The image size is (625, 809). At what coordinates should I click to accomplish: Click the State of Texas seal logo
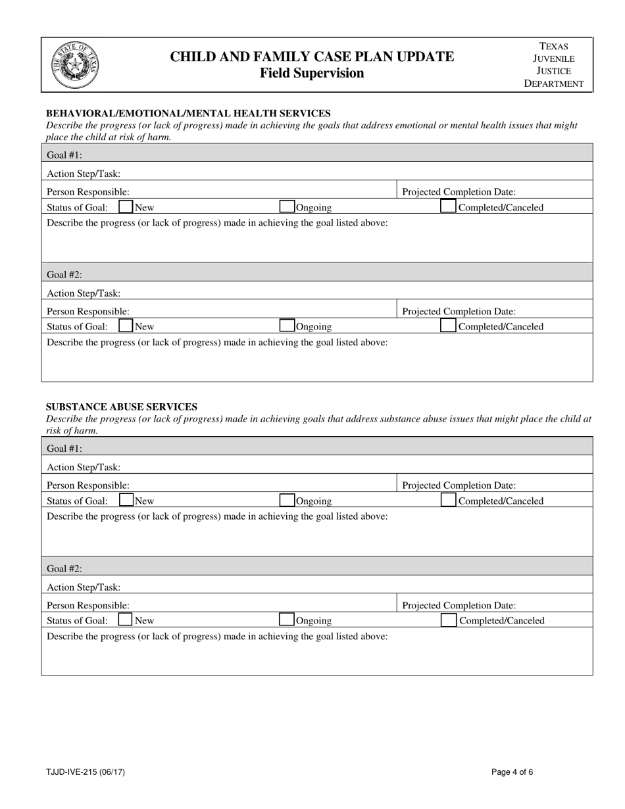(75, 65)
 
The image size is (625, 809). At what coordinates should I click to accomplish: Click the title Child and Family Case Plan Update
(312, 57)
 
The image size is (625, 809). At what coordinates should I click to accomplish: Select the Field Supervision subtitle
(312, 73)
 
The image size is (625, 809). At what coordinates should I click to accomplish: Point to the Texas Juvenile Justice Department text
(553, 64)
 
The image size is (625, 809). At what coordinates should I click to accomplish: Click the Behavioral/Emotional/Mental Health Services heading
(187, 113)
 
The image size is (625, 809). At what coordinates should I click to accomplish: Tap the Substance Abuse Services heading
(121, 406)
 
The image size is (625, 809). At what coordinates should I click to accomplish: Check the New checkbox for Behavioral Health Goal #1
(126, 207)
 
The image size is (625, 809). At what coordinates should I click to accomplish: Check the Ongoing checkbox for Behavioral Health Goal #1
(287, 207)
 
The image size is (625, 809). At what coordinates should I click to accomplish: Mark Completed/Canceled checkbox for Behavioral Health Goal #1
(448, 207)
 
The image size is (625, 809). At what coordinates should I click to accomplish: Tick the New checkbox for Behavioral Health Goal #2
(126, 326)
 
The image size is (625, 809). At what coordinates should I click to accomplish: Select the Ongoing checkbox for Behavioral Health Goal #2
(287, 326)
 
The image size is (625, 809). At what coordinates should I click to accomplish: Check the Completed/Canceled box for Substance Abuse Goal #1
(448, 501)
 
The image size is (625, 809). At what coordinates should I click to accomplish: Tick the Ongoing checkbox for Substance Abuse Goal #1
(287, 501)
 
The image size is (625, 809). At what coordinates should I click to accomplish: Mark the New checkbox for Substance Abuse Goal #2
(126, 620)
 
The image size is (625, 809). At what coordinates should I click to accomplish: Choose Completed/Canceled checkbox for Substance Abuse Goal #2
(448, 620)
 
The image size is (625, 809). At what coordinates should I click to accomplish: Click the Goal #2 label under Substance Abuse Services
(64, 568)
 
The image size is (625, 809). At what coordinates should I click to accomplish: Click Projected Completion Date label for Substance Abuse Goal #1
(459, 485)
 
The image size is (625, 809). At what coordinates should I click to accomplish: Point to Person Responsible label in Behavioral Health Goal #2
(88, 312)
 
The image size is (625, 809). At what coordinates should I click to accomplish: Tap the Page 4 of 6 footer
(512, 772)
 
